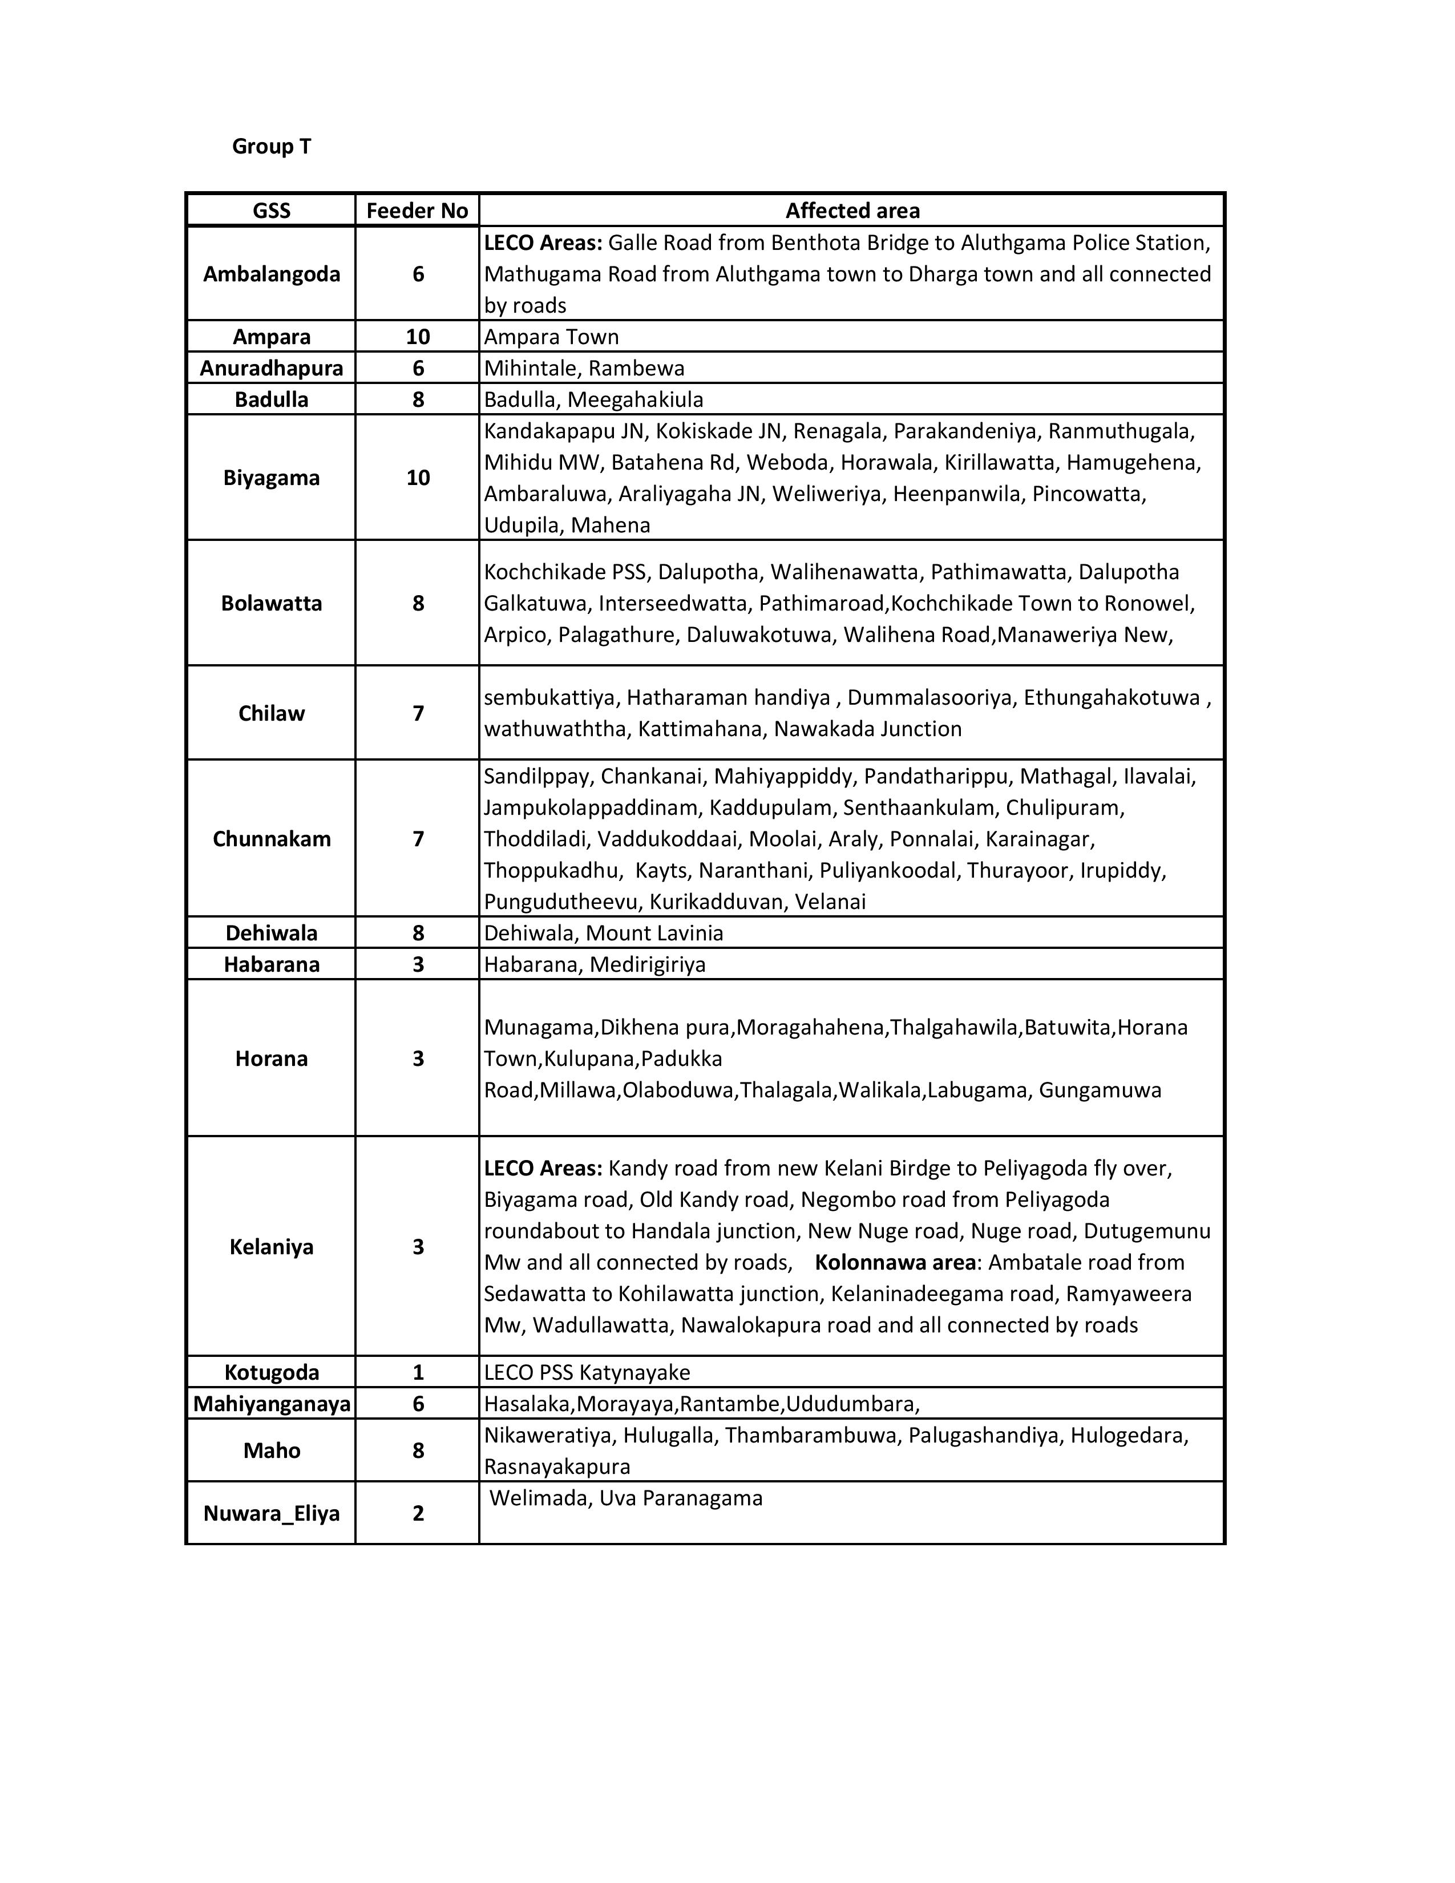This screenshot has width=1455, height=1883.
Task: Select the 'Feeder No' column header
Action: tap(417, 211)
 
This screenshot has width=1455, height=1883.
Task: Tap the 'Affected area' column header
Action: tap(852, 211)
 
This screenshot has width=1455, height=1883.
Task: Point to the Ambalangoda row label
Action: tap(272, 274)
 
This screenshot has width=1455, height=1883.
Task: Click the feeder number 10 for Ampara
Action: tap(418, 336)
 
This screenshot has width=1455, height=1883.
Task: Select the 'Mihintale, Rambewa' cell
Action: tap(584, 368)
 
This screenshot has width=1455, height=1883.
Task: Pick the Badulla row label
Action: tap(272, 399)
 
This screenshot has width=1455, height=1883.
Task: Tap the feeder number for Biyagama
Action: tap(418, 478)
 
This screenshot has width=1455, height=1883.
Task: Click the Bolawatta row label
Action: tap(272, 603)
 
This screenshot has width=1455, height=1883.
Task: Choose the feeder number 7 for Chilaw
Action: tap(418, 713)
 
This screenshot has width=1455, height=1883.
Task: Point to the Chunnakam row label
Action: tap(272, 839)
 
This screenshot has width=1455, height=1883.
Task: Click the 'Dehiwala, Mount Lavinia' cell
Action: tap(603, 933)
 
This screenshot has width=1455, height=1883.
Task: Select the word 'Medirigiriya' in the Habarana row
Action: tap(648, 964)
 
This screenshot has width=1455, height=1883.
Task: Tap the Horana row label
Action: tap(272, 1058)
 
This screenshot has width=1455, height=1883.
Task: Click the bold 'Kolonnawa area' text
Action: tap(895, 1262)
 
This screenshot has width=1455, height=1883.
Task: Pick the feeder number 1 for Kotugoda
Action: tap(418, 1372)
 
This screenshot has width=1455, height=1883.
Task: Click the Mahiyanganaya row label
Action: tap(272, 1404)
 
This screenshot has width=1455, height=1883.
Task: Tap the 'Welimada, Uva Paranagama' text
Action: tap(626, 1498)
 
